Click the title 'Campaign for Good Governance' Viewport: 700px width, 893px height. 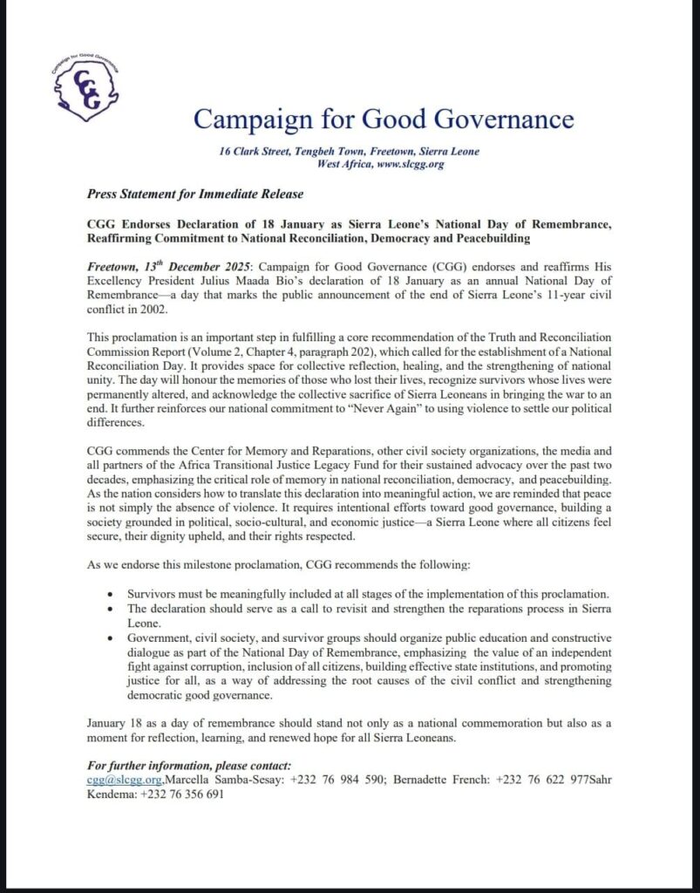click(384, 118)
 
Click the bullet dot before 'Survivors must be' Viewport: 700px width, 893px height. click(110, 594)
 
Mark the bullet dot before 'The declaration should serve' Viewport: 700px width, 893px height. click(110, 609)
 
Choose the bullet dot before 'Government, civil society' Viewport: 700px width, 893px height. click(110, 638)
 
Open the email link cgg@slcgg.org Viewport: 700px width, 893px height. click(125, 781)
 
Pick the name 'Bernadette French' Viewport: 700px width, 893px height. click(443, 781)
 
